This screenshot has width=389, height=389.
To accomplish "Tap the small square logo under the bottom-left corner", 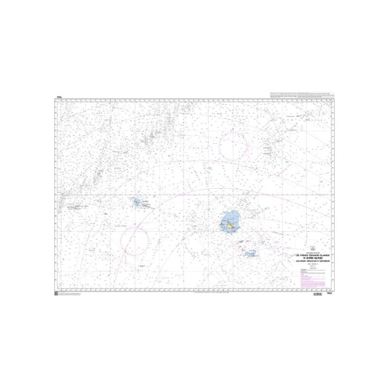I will pyautogui.click(x=56, y=294).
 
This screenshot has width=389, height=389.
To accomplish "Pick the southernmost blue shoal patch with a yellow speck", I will pyautogui.click(x=250, y=254).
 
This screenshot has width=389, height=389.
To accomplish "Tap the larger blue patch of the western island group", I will pyautogui.click(x=137, y=202).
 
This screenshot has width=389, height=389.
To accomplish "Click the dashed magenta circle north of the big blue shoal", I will pyautogui.click(x=233, y=146).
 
